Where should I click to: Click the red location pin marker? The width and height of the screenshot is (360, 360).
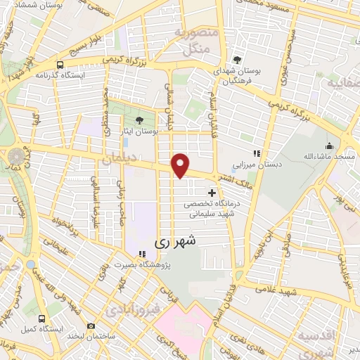coord(181,165)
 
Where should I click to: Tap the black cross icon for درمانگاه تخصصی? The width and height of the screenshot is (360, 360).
coord(212,192)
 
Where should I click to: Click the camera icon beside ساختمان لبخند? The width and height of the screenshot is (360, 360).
coord(91,326)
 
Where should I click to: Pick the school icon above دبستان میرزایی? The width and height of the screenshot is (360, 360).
coord(257,153)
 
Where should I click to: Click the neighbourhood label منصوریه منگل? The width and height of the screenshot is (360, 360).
coord(190,41)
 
